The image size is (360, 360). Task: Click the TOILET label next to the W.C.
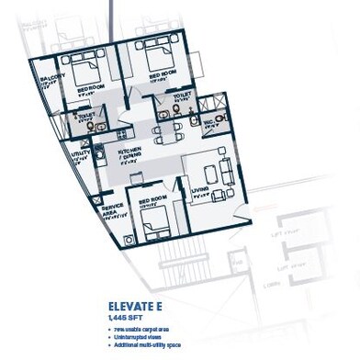tap(181, 94)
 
